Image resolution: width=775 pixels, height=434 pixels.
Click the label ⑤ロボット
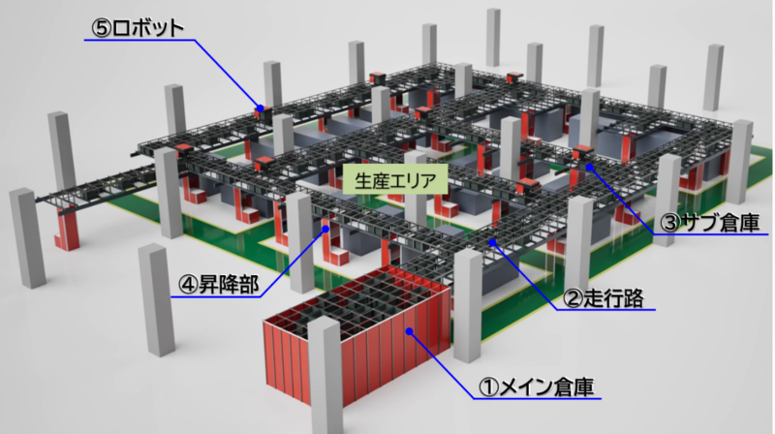click(138, 28)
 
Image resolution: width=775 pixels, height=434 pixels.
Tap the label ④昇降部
click(218, 285)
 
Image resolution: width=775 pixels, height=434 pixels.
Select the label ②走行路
click(604, 298)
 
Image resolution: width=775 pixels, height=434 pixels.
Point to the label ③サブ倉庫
click(710, 223)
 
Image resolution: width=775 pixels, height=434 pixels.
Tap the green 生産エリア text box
click(395, 180)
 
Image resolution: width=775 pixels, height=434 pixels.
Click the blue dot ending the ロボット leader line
click(260, 108)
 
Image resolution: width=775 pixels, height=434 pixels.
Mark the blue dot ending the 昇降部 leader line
click(325, 229)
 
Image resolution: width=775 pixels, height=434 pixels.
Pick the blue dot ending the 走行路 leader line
click(492, 242)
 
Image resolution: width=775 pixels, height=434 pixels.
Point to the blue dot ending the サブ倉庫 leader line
click(590, 167)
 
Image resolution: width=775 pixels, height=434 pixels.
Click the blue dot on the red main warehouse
click(409, 331)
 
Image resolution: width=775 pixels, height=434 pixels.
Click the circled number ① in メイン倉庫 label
click(488, 387)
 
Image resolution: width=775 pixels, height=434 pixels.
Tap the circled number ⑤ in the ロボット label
click(102, 29)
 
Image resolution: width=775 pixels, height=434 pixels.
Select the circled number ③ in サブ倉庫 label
click(670, 223)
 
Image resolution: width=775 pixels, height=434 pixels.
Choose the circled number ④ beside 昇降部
click(187, 285)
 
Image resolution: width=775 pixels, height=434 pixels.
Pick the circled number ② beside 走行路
click(573, 298)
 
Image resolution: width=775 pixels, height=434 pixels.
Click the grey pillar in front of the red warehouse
click(325, 376)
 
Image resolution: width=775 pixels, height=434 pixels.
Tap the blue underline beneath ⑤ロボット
click(139, 40)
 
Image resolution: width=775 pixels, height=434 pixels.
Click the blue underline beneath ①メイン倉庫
click(538, 398)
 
